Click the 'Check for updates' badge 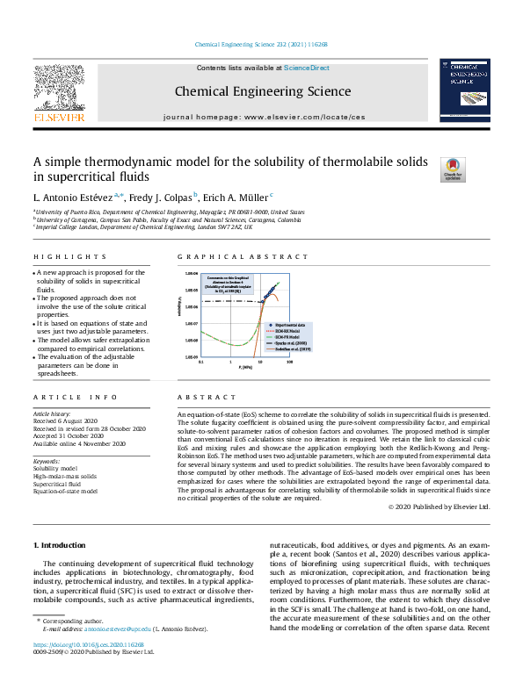[x=453, y=169]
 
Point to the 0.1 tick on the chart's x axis [x=201, y=362]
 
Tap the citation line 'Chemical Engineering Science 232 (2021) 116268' [x=261, y=44]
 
